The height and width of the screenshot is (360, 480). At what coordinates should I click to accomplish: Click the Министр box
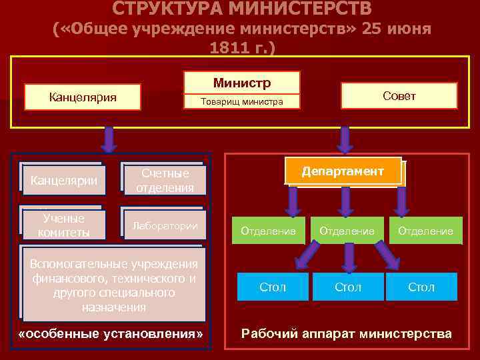tap(242, 83)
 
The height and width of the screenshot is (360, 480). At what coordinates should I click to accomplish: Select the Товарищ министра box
tap(242, 102)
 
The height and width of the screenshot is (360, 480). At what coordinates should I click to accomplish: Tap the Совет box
tap(399, 95)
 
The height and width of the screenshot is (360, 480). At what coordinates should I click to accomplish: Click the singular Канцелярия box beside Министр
tap(83, 97)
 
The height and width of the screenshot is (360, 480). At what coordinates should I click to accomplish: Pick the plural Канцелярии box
tap(63, 180)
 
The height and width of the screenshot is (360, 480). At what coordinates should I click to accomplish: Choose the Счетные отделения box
tap(164, 180)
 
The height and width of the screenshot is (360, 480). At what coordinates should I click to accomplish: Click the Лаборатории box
tap(164, 225)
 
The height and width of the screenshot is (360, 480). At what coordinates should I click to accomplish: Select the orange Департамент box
tap(343, 171)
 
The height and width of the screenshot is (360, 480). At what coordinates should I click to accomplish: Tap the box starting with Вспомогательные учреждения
tap(113, 285)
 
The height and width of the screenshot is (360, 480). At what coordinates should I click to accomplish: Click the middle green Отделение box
tap(347, 231)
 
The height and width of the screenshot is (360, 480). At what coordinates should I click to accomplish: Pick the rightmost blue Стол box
tap(421, 287)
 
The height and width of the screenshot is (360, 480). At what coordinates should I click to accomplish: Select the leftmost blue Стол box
tap(272, 287)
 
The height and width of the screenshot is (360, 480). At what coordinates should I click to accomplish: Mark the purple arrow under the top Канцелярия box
tap(109, 139)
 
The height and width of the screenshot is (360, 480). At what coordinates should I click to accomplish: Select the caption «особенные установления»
tap(111, 333)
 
